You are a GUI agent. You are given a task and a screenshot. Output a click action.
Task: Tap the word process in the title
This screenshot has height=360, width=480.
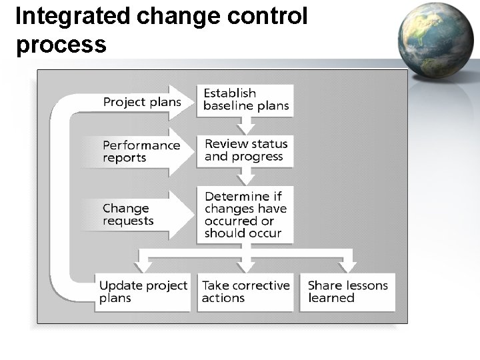click(x=60, y=44)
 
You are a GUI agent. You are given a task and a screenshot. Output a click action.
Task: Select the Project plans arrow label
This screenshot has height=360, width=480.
click(x=142, y=102)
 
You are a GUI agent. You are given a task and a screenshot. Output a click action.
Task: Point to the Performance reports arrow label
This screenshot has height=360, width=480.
click(x=141, y=151)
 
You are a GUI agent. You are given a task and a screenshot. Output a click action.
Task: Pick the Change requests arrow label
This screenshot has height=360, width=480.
click(x=129, y=214)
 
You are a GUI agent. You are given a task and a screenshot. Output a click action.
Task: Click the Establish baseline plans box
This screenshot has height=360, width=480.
click(x=245, y=99)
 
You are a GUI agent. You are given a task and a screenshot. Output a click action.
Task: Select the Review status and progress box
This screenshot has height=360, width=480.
click(x=245, y=150)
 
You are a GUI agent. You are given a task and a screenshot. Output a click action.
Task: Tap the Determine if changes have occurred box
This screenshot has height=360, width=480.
click(x=245, y=214)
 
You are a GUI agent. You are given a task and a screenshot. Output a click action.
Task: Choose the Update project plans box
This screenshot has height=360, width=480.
click(x=143, y=291)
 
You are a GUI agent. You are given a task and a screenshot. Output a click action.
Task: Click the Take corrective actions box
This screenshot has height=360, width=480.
click(x=245, y=291)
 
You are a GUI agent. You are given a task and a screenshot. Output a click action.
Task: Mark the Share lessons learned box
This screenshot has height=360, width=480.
click(x=347, y=291)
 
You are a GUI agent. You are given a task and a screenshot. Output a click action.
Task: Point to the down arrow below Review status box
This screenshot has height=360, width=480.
click(x=246, y=176)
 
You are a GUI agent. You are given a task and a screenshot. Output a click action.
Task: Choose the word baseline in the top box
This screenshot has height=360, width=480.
click(x=226, y=106)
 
